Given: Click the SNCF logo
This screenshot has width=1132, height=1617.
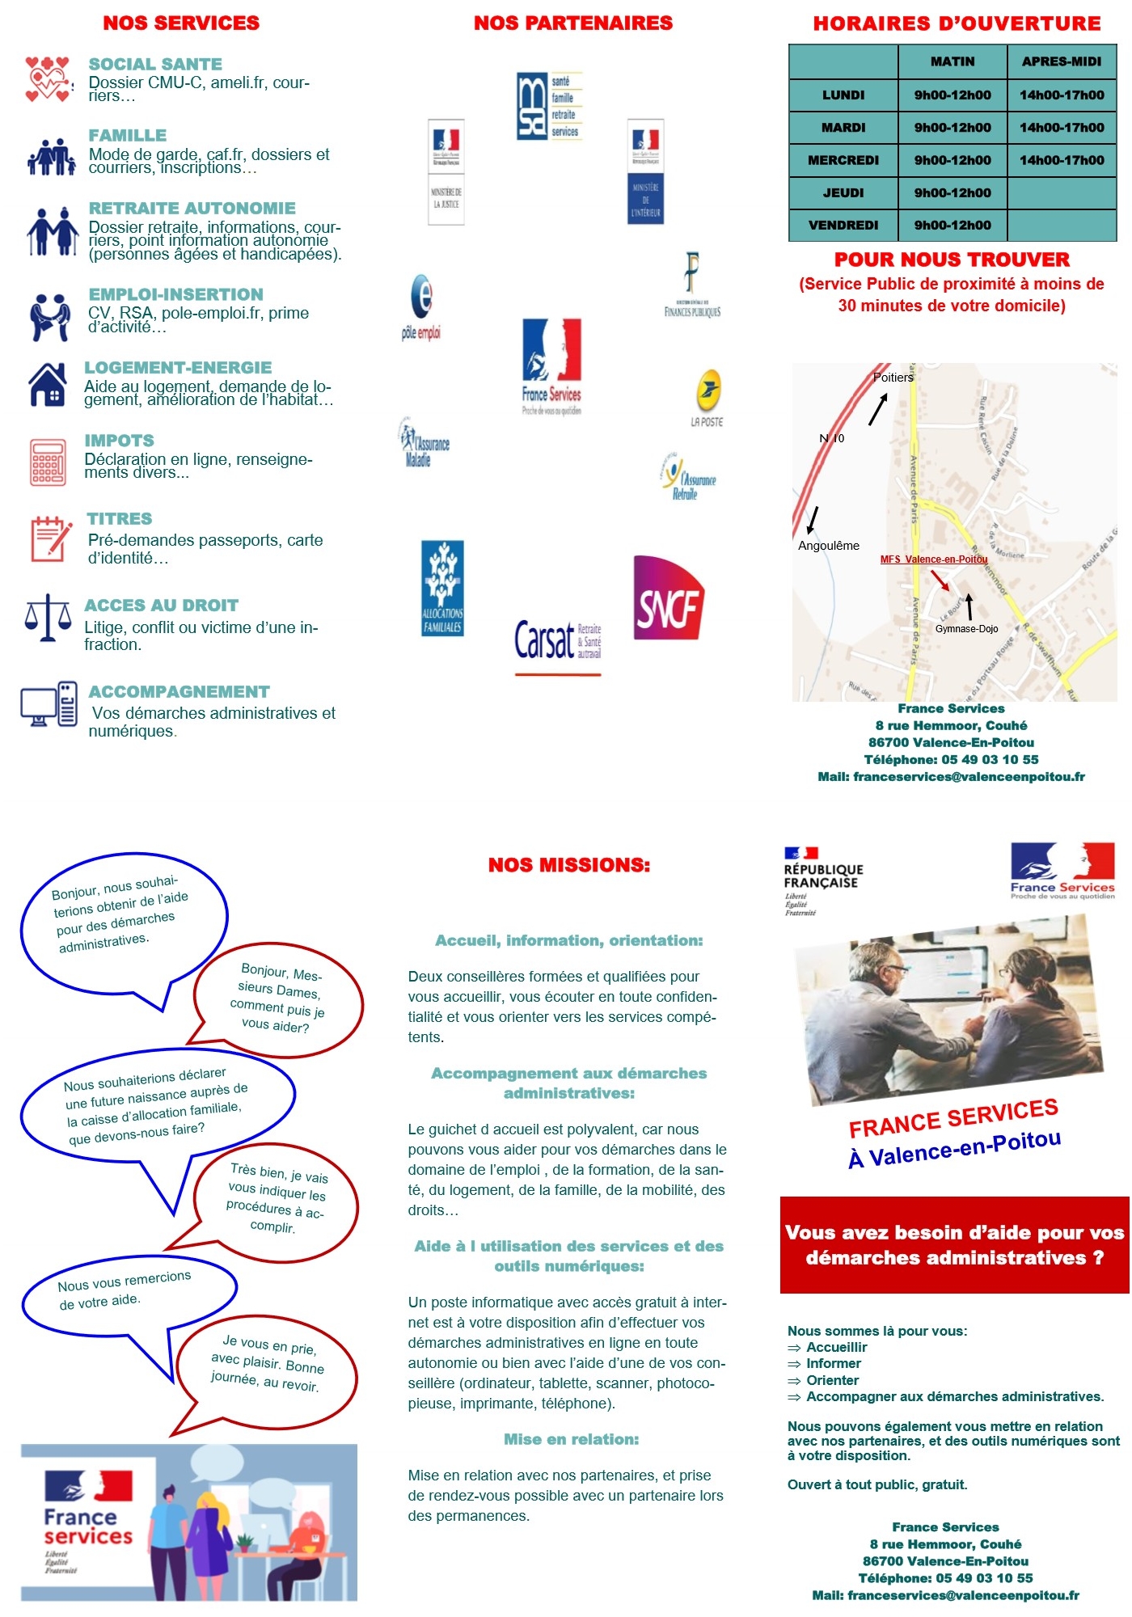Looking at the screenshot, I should pyautogui.click(x=668, y=598).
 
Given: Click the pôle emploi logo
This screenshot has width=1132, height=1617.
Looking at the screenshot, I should pyautogui.click(x=421, y=308).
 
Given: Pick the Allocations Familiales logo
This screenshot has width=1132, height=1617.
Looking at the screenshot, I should pyautogui.click(x=442, y=588).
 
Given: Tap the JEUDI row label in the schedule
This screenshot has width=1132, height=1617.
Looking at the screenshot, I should pyautogui.click(x=843, y=193).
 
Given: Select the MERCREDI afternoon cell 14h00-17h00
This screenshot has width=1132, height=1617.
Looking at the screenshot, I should pyautogui.click(x=1061, y=160).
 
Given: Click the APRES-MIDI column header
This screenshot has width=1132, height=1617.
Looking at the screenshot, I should pyautogui.click(x=1061, y=61).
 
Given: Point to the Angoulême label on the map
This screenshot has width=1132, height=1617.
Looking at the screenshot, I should pyautogui.click(x=828, y=546).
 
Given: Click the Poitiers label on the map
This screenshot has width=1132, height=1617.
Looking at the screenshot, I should pyautogui.click(x=893, y=378).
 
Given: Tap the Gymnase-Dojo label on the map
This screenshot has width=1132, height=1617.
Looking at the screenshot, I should pyautogui.click(x=966, y=629).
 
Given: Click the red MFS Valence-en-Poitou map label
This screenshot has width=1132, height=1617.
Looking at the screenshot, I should pyautogui.click(x=933, y=559).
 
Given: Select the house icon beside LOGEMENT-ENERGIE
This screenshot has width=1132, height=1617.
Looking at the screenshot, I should pyautogui.click(x=48, y=384).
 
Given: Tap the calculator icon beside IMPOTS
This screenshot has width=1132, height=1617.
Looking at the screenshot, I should pyautogui.click(x=48, y=462).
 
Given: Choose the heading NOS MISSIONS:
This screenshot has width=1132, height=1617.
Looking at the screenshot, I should pyautogui.click(x=568, y=865).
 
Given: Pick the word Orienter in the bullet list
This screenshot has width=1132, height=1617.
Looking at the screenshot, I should pyautogui.click(x=832, y=1380).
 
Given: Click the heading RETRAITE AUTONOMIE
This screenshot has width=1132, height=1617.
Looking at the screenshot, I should pyautogui.click(x=192, y=209).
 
